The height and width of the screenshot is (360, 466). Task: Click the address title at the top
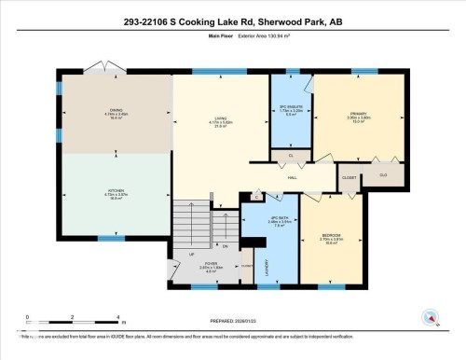click(x=233, y=21)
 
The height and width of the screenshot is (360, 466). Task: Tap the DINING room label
click(x=116, y=111)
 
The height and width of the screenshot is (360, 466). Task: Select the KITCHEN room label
click(x=116, y=193)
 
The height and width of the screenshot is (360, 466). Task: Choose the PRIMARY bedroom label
click(x=359, y=116)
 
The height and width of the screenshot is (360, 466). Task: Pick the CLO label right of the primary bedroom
click(x=383, y=173)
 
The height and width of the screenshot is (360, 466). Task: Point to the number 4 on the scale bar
click(x=117, y=319)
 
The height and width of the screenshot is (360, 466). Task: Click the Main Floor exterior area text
click(x=233, y=38)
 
